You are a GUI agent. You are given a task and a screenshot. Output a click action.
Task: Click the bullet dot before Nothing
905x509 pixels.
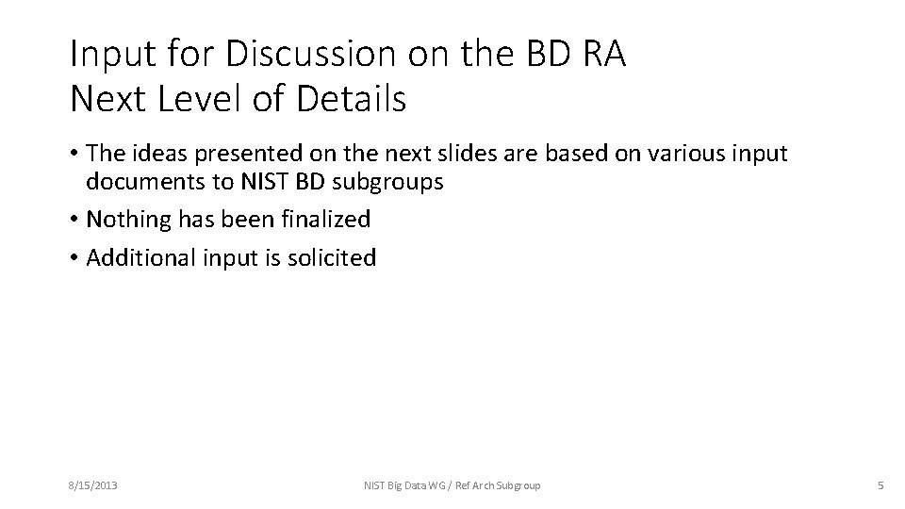(x=74, y=221)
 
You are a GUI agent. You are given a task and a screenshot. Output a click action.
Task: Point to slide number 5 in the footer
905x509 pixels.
(x=880, y=485)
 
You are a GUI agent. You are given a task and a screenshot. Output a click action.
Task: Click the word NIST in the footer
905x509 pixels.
(x=375, y=485)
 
